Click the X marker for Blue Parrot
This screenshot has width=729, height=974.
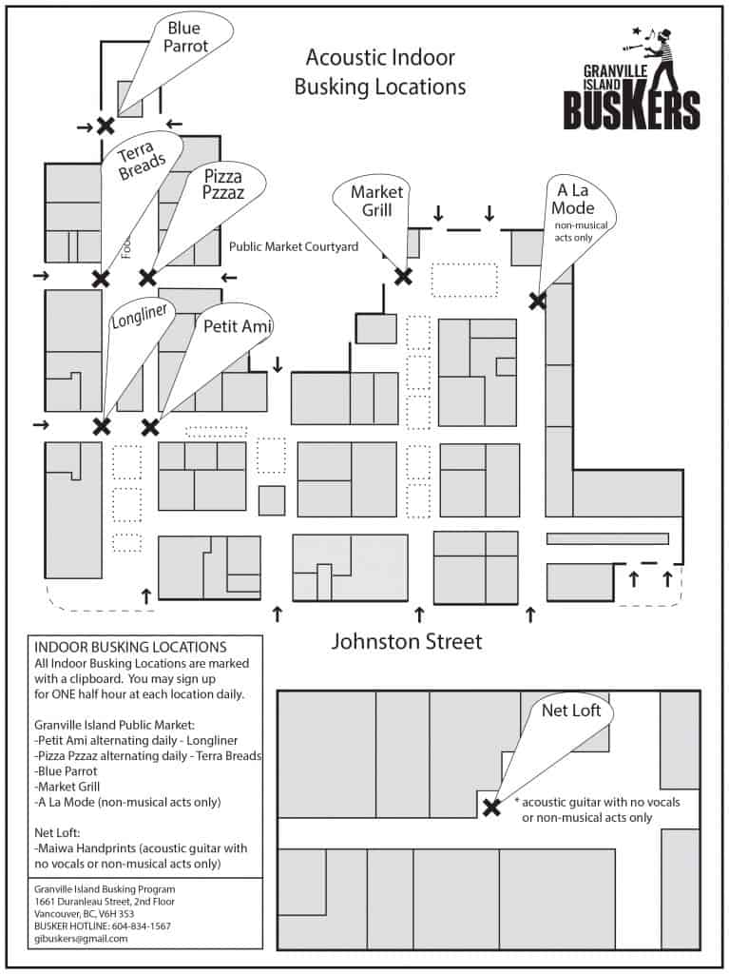click(105, 125)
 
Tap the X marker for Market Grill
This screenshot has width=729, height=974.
click(403, 277)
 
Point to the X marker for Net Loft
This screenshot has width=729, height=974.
click(491, 808)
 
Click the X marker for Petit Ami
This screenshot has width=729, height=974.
click(149, 426)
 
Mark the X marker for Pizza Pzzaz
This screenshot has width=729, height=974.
click(147, 278)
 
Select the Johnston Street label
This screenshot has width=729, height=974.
click(406, 641)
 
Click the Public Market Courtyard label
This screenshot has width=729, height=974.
click(294, 246)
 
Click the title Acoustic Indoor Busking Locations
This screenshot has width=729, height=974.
click(379, 72)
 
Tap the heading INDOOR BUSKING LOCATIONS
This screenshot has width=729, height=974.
click(130, 647)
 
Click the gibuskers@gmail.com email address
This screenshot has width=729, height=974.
click(80, 938)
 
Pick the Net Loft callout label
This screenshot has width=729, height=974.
click(567, 710)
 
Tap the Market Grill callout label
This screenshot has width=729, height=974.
click(376, 201)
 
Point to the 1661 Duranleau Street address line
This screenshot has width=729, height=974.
click(104, 901)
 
